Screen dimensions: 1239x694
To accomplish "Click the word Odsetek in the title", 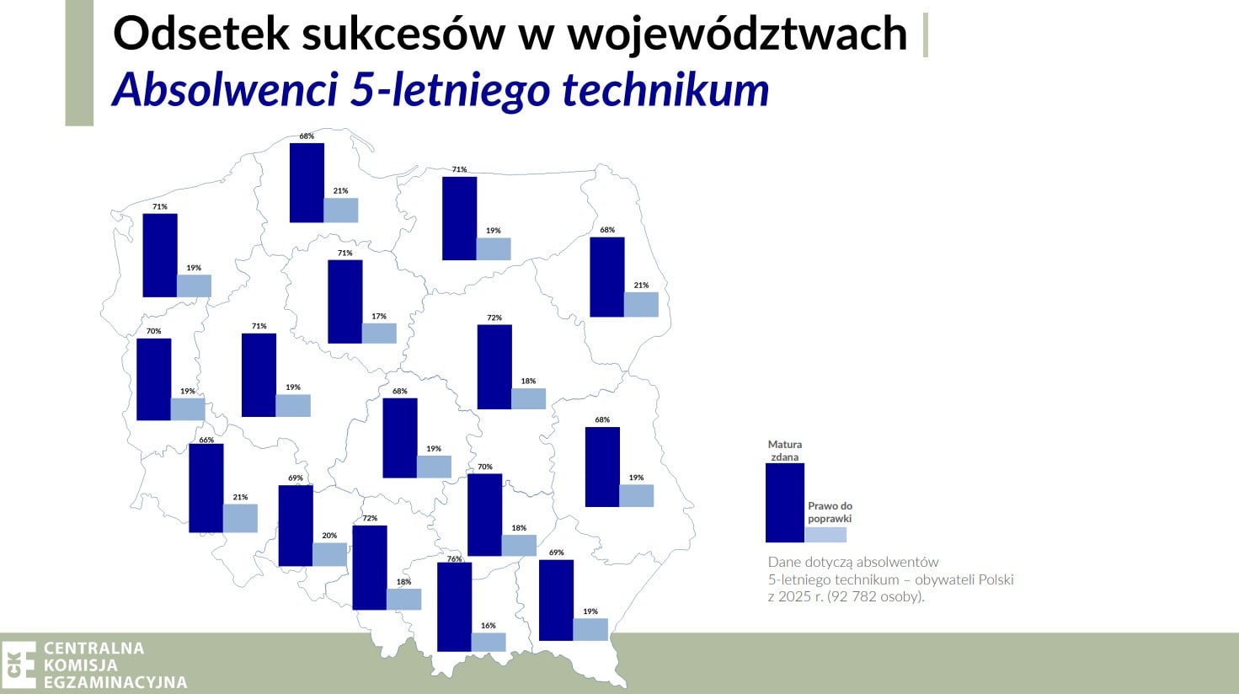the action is pyautogui.click(x=200, y=34).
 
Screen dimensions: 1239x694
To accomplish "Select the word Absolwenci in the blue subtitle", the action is pyautogui.click(x=225, y=89).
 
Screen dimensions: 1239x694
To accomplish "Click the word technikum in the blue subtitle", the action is pyautogui.click(x=665, y=89).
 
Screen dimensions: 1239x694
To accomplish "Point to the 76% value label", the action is pyautogui.click(x=454, y=559).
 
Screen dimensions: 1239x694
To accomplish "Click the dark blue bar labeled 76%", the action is pyautogui.click(x=454, y=607).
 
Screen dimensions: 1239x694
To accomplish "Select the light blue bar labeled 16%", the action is pyautogui.click(x=489, y=642).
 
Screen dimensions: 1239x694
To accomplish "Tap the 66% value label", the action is pyautogui.click(x=206, y=440).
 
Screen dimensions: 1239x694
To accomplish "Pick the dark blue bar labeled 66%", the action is pyautogui.click(x=206, y=488).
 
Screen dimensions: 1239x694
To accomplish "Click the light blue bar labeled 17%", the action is pyautogui.click(x=379, y=334).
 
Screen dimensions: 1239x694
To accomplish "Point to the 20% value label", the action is pyautogui.click(x=329, y=536).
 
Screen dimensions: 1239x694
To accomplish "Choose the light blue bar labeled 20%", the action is pyautogui.click(x=329, y=554).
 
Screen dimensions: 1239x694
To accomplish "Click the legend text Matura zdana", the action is pyautogui.click(x=785, y=451).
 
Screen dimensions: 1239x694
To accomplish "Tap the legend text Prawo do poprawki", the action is pyautogui.click(x=830, y=512).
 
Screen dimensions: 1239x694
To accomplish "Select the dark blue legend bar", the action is pyautogui.click(x=785, y=503).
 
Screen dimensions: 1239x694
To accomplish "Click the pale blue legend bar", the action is pyautogui.click(x=825, y=535).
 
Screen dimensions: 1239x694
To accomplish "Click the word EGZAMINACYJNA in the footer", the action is pyautogui.click(x=115, y=682).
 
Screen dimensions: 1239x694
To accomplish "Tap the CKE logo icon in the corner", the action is pyautogui.click(x=19, y=665).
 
